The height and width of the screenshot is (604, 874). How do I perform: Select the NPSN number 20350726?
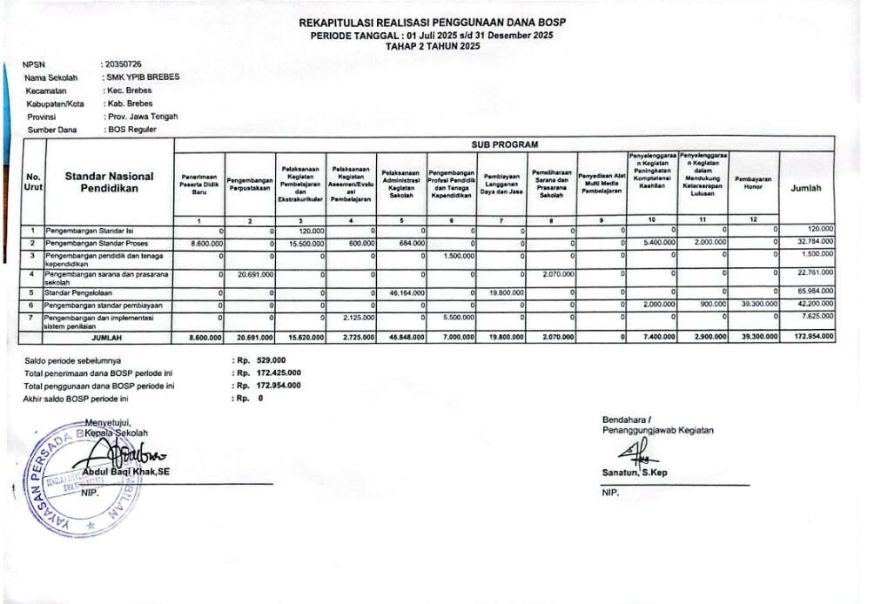pyautogui.click(x=124, y=64)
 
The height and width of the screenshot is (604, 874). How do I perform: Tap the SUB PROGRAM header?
pyautogui.click(x=505, y=144)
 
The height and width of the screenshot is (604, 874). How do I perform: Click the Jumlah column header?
pyautogui.click(x=806, y=188)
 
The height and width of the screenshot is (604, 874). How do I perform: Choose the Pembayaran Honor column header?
pyautogui.click(x=753, y=183)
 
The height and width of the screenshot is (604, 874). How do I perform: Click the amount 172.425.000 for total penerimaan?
pyautogui.click(x=279, y=372)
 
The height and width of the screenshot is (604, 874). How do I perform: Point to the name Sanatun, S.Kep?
pyautogui.click(x=633, y=473)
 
